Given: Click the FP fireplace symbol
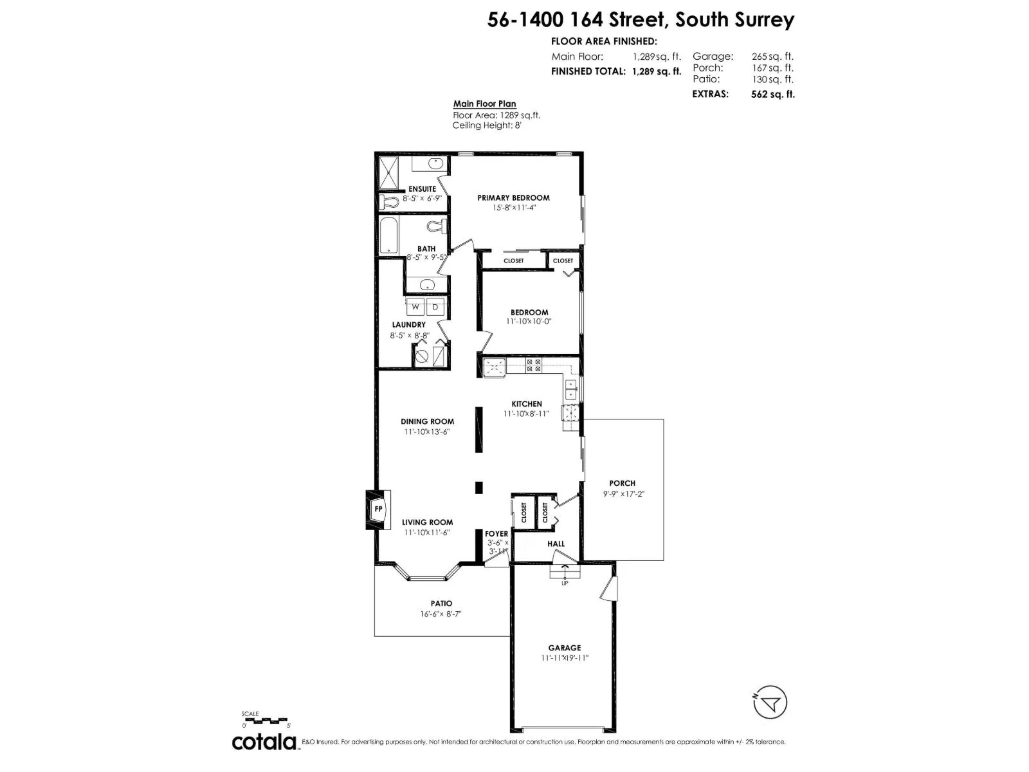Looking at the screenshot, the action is pyautogui.click(x=378, y=510).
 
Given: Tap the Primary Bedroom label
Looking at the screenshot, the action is pyautogui.click(x=513, y=198).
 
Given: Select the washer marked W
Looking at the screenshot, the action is pyautogui.click(x=415, y=308).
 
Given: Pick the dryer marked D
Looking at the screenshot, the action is pyautogui.click(x=435, y=308).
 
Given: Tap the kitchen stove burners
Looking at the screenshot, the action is pyautogui.click(x=533, y=365).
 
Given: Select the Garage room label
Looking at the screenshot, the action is pyautogui.click(x=565, y=647).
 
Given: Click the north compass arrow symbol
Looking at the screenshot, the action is pyautogui.click(x=769, y=702).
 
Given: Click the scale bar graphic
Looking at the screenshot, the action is pyautogui.click(x=264, y=719).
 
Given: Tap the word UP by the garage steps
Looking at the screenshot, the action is pyautogui.click(x=565, y=584).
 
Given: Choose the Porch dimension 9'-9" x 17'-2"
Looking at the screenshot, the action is pyautogui.click(x=623, y=493).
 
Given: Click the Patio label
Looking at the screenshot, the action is pyautogui.click(x=442, y=603).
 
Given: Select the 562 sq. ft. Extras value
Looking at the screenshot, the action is pyautogui.click(x=772, y=94).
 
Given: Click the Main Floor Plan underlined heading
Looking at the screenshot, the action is pyautogui.click(x=484, y=104).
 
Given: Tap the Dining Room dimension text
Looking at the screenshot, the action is pyautogui.click(x=427, y=432).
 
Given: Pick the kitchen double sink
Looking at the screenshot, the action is pyautogui.click(x=571, y=389).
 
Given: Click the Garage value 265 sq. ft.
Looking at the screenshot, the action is pyautogui.click(x=772, y=57).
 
